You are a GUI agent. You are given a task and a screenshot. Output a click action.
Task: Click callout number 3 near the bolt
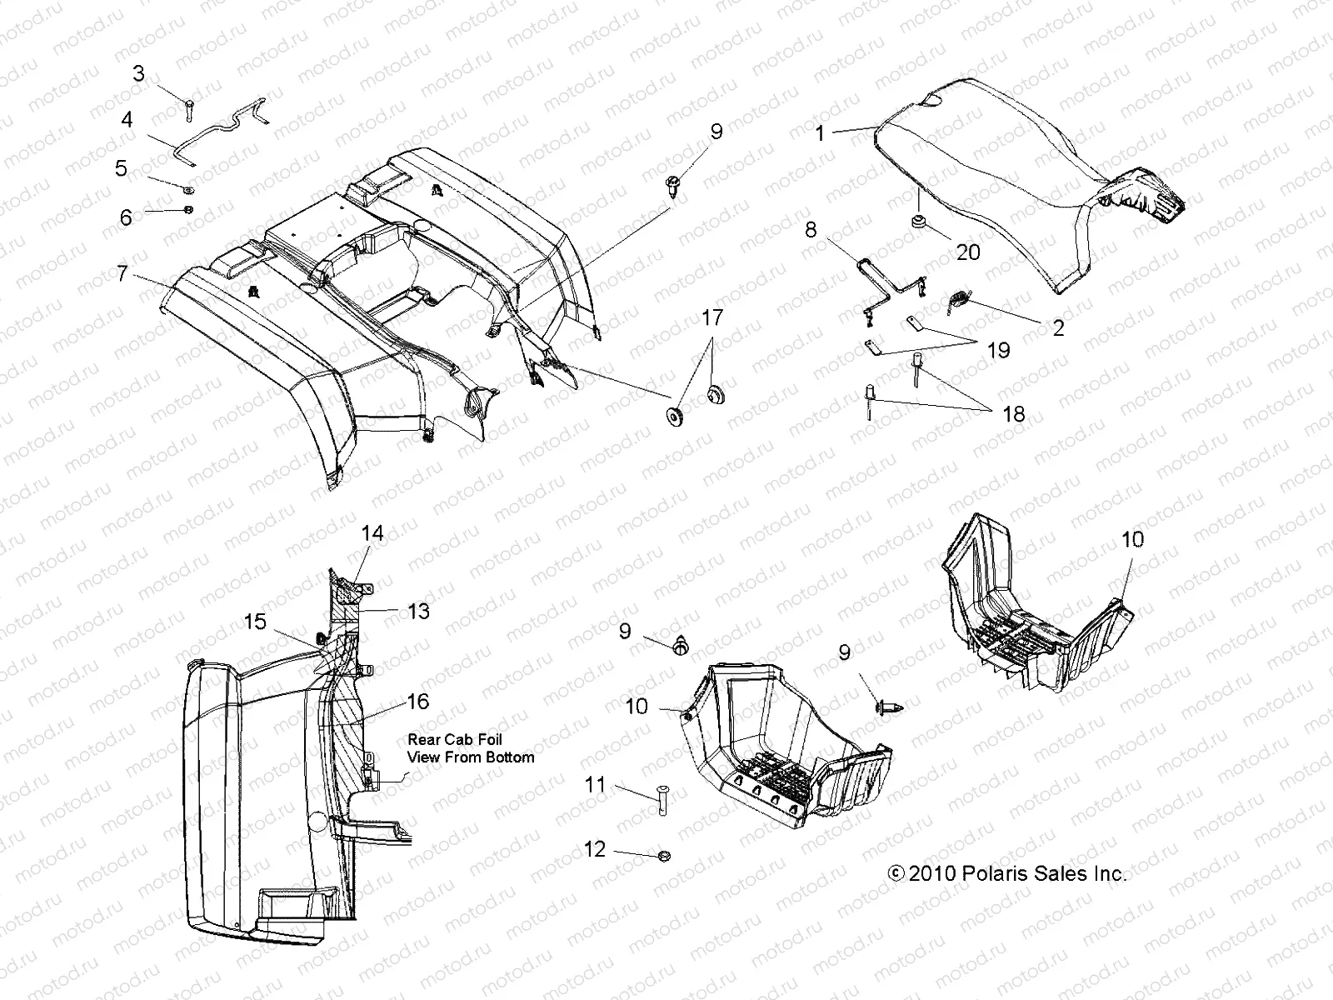click(138, 74)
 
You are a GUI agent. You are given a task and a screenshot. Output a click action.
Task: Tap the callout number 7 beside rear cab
click(122, 273)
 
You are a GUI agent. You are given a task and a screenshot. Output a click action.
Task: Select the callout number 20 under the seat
click(968, 252)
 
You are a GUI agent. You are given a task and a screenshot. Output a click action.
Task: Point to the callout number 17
click(712, 317)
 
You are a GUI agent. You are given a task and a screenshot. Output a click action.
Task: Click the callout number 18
click(1013, 414)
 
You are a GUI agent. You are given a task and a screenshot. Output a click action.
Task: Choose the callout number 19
click(998, 350)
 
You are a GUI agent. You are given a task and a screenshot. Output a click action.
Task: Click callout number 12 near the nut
click(595, 849)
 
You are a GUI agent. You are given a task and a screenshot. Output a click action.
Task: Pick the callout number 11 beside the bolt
click(595, 784)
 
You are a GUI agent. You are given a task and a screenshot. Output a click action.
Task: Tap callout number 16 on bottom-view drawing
click(417, 702)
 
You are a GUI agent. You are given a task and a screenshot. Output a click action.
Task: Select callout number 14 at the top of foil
click(372, 532)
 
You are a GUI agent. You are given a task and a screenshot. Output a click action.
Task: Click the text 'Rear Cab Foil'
click(455, 739)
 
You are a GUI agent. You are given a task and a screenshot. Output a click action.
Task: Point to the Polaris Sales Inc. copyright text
click(1007, 874)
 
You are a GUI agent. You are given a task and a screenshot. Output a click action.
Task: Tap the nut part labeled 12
click(663, 856)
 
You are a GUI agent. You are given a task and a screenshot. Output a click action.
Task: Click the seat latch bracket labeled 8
click(887, 287)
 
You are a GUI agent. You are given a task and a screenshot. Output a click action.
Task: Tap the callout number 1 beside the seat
click(820, 133)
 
